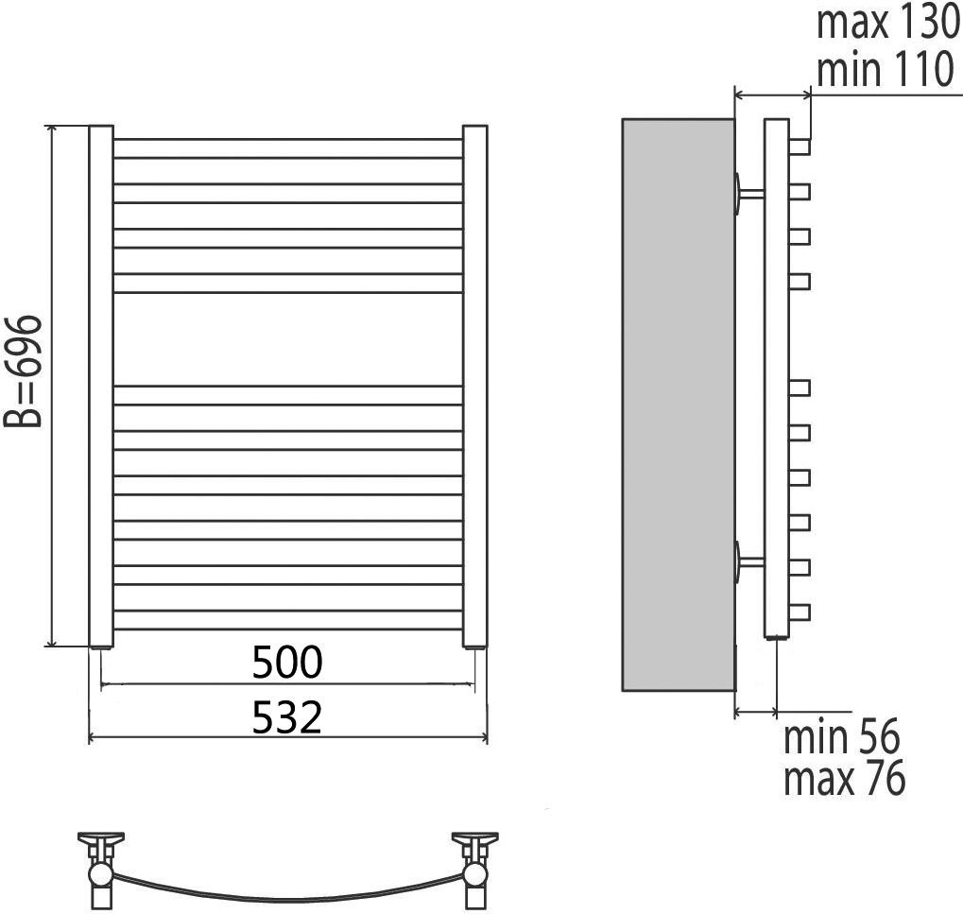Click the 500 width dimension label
click(287, 662)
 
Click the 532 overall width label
click(287, 716)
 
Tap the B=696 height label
click(23, 371)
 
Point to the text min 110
click(885, 69)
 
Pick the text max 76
click(845, 778)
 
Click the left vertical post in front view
click(101, 387)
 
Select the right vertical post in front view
click(474, 387)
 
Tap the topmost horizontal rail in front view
click(288, 148)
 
